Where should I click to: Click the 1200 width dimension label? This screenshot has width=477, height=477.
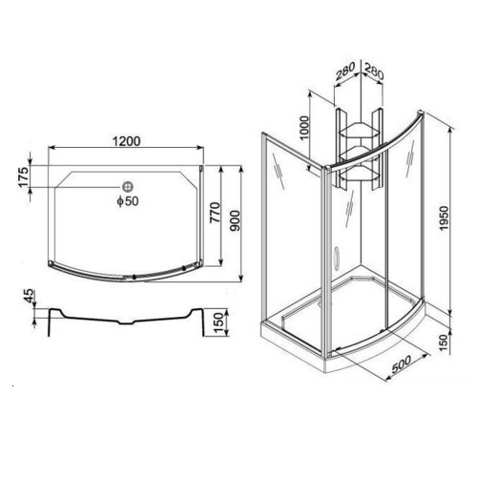click(125, 141)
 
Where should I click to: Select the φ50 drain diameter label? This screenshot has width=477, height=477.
click(127, 201)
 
